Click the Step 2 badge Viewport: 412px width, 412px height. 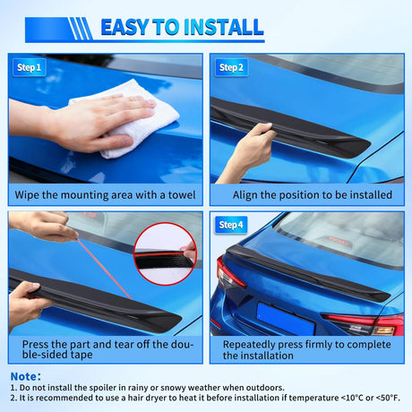[233, 67]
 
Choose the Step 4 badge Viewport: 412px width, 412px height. [233, 224]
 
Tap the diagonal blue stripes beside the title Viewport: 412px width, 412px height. [82, 29]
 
